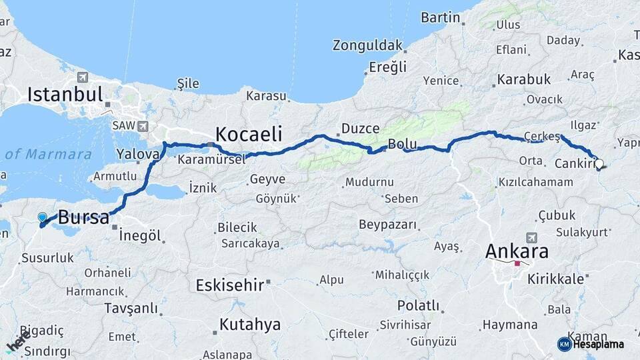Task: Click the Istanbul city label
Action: pos(65,94)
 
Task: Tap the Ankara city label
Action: pos(517,251)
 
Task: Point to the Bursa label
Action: pos(83,217)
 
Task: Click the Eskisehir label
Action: pos(230,285)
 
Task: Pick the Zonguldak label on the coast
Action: pos(369,45)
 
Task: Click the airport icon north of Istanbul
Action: pos(83,77)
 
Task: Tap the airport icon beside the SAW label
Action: pos(143,126)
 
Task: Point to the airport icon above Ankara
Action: pos(531,237)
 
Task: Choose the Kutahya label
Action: pos(249,325)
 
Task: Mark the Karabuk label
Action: pos(524,79)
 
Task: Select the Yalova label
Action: pos(138,153)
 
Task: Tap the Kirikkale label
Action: pos(555,279)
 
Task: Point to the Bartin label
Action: pos(441,17)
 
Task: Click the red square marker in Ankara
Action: pos(517,263)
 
